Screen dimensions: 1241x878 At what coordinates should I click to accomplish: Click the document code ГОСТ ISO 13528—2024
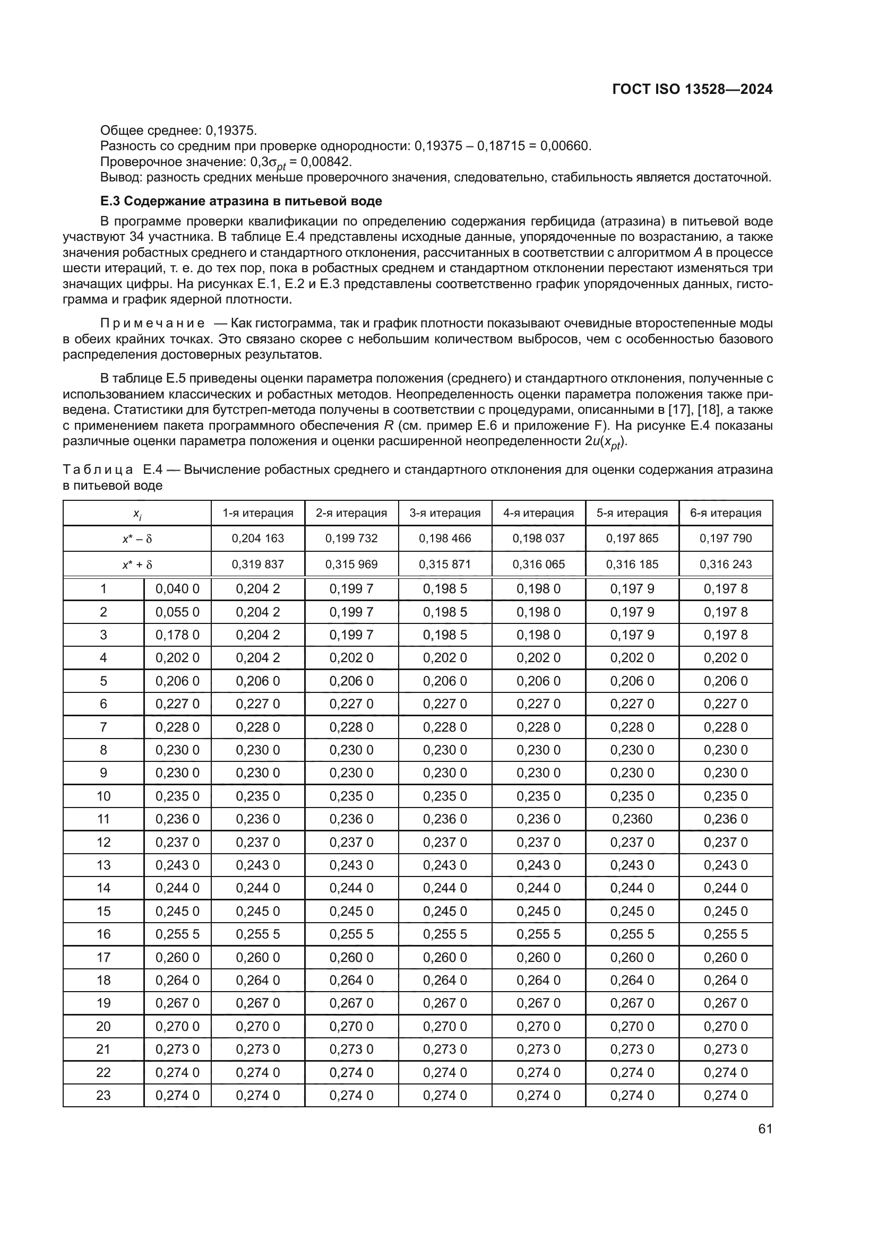point(692,89)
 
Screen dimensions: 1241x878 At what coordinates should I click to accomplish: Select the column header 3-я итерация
point(444,513)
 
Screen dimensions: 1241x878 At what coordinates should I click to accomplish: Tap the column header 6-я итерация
point(726,513)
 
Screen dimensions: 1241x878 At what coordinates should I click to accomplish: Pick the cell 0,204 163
point(257,539)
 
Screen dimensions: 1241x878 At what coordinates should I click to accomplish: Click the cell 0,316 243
point(726,565)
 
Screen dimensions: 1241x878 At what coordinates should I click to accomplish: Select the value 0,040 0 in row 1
point(177,588)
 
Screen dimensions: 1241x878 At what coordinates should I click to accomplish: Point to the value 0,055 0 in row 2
point(177,612)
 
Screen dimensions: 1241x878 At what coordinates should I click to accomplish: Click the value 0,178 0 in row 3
point(177,635)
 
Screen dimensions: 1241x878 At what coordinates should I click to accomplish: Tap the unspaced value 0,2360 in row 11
point(632,819)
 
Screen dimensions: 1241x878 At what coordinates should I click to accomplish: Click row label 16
point(104,934)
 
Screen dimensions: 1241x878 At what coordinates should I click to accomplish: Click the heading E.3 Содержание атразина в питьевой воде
point(241,201)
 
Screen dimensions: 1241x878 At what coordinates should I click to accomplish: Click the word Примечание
point(152,323)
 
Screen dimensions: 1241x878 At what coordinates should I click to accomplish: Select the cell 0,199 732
point(351,539)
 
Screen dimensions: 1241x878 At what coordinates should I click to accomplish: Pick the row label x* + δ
point(137,565)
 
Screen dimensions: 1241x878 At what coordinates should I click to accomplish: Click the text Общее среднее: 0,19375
point(178,131)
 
